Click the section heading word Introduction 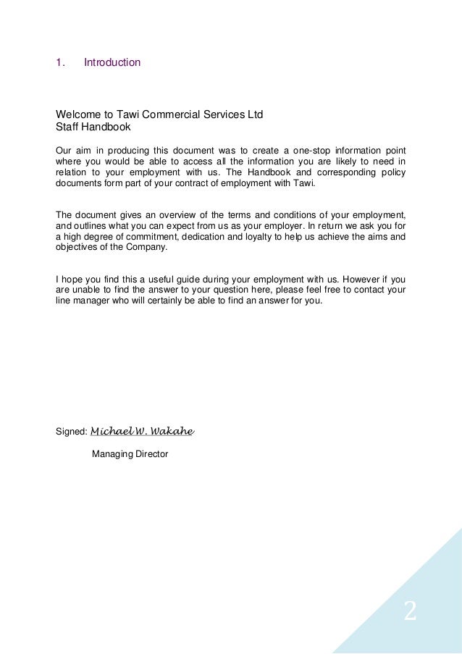pos(112,63)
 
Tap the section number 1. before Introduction pos(61,63)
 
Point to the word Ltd pos(255,114)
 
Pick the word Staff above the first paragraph pos(67,126)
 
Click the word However pos(363,278)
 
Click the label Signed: pos(71,432)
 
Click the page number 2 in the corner pos(410,612)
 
